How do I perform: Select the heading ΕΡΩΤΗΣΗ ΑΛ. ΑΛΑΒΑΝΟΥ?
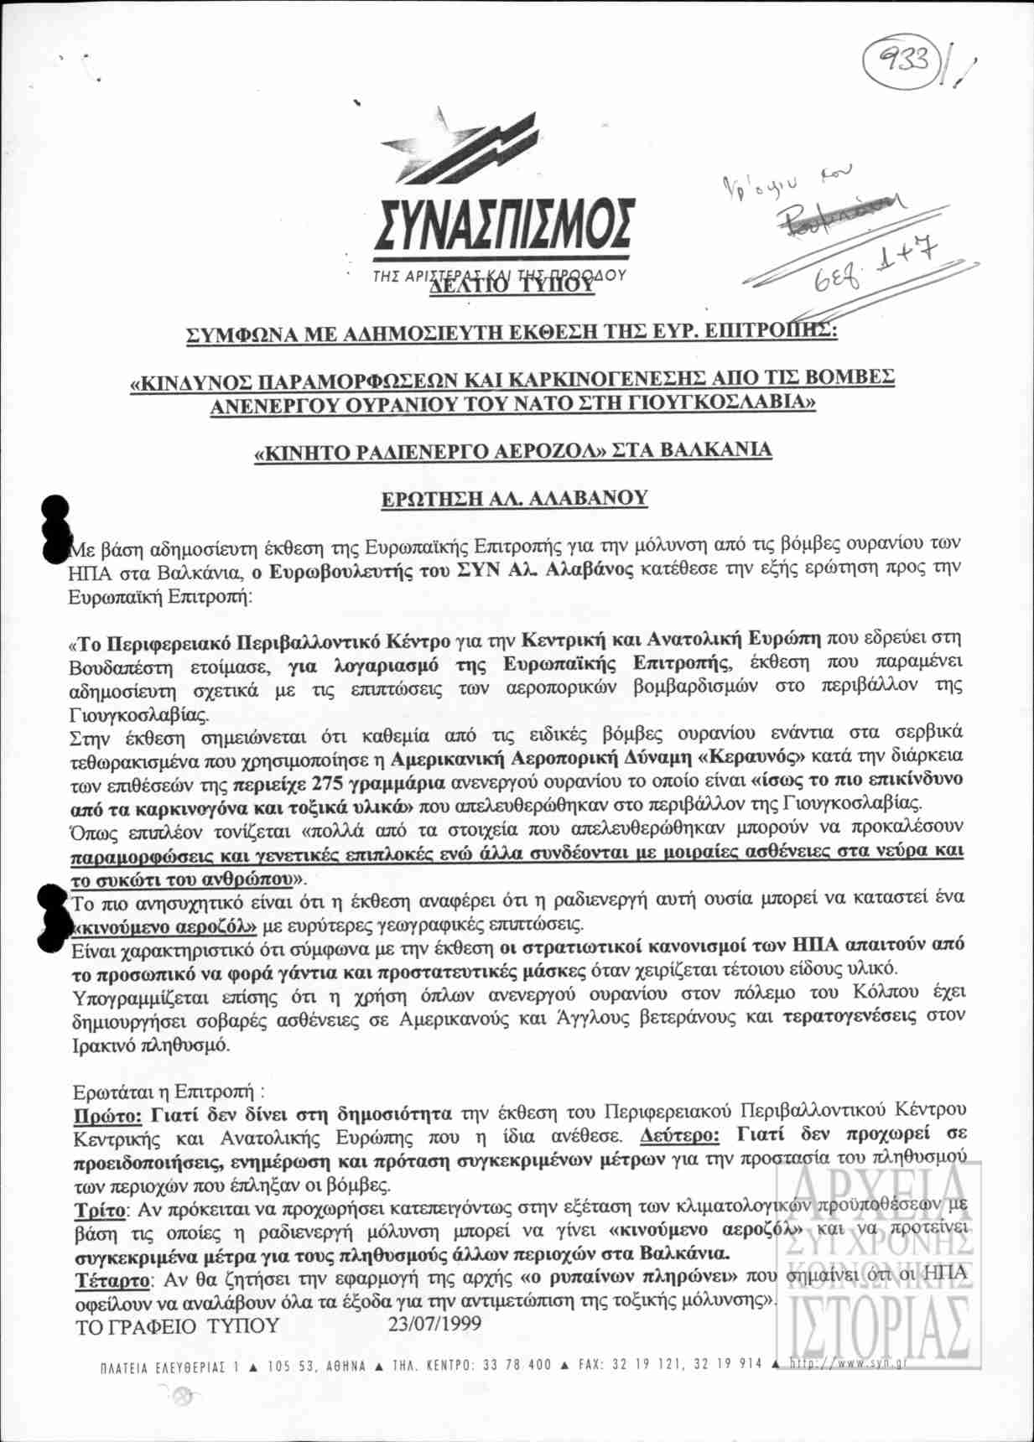pos(513,498)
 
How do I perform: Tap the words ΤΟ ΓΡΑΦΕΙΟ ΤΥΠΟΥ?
pos(177,1326)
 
